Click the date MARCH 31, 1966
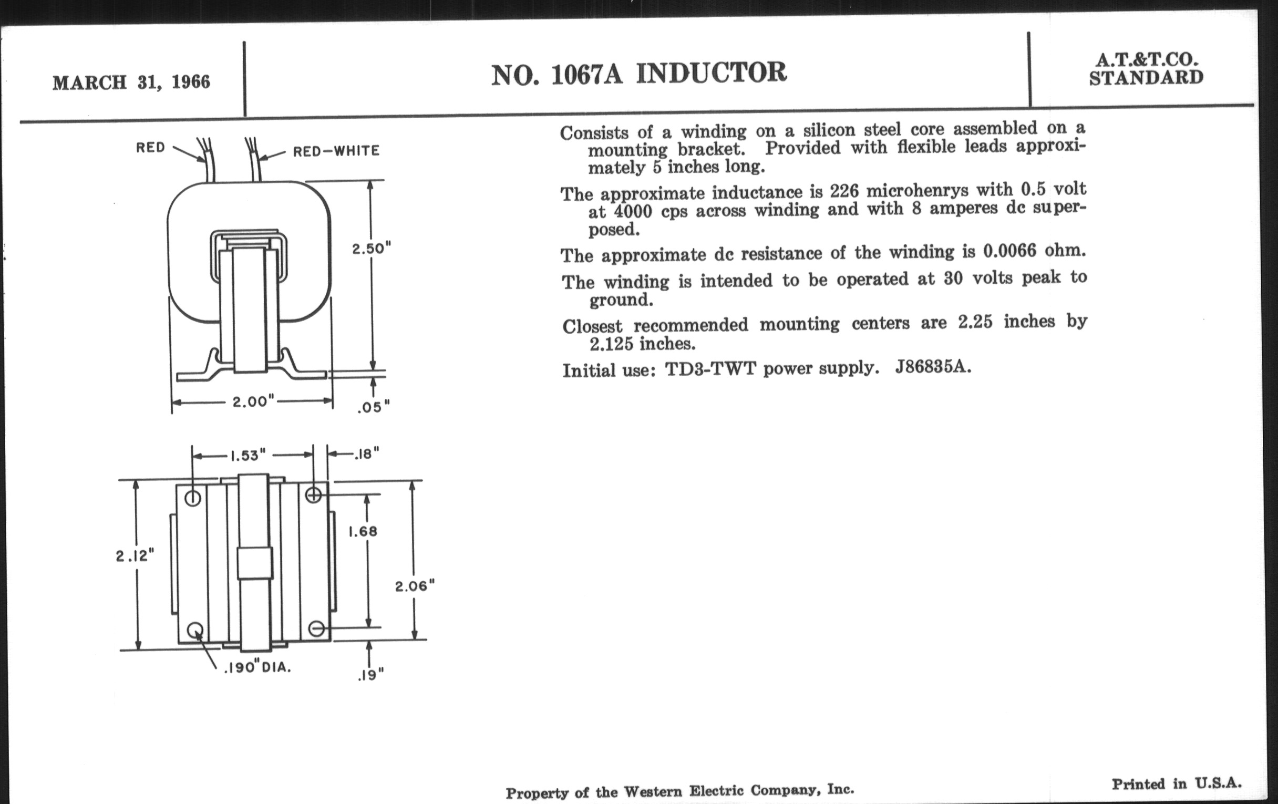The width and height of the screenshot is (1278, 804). pos(131,83)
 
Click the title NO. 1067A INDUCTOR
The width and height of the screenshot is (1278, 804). pos(638,73)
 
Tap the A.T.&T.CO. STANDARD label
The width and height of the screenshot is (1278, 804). pos(1146,69)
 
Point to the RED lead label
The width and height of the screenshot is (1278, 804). pos(150,147)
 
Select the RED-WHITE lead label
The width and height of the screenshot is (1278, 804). pos(336,151)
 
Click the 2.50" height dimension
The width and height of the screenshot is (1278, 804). pos(371,249)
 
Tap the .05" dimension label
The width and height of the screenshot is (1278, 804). pos(373,407)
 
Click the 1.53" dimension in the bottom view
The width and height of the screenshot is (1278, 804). pos(247,455)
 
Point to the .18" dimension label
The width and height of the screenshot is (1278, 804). pos(367,453)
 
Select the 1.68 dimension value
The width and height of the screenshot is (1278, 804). pos(363,531)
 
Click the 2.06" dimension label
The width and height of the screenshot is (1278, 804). pos(415,586)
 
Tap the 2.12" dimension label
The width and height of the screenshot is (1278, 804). pos(135,555)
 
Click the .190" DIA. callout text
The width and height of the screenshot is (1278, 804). pos(257,667)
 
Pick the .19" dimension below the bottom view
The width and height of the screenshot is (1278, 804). pos(370,675)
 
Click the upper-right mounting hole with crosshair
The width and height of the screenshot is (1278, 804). pos(314,495)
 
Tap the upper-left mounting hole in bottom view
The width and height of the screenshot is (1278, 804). pos(193,498)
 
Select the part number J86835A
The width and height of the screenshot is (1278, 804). pos(933,367)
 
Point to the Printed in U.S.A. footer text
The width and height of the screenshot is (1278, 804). pos(1177,784)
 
